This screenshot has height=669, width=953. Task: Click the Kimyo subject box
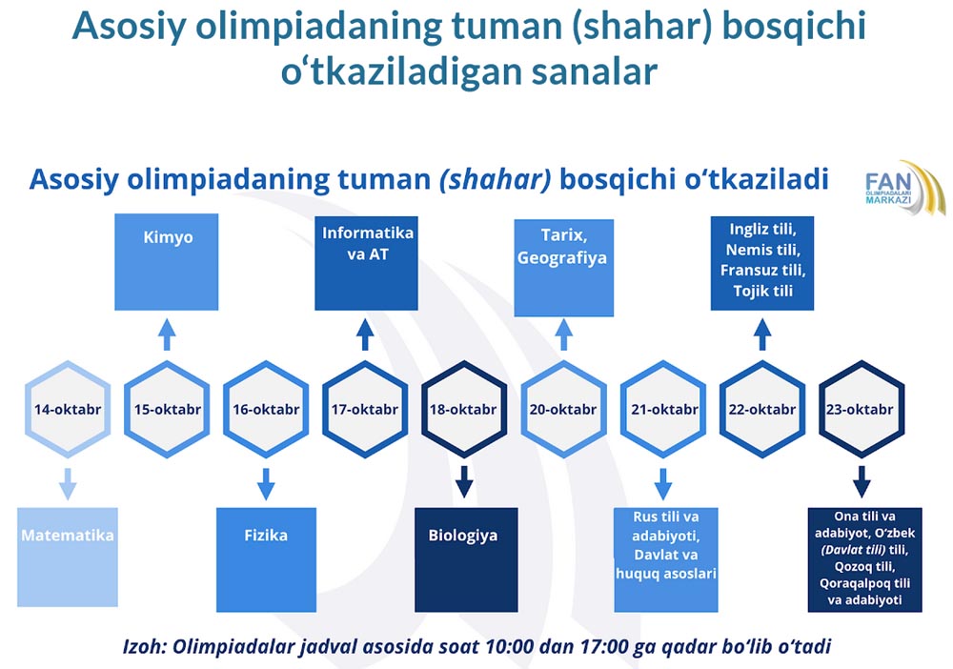[167, 262]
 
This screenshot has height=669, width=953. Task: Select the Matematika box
[68, 557]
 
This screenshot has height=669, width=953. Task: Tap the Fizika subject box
[266, 559]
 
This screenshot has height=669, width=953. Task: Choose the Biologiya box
[466, 559]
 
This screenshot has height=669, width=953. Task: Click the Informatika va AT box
[367, 263]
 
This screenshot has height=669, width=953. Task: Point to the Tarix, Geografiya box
[564, 268]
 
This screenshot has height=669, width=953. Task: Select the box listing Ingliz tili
[762, 263]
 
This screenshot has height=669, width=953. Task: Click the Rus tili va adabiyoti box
[666, 559]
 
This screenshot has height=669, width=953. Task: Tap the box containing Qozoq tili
[865, 559]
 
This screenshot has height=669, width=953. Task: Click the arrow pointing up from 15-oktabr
[167, 334]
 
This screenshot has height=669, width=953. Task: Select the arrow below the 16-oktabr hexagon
[266, 484]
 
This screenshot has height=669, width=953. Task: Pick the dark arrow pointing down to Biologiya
[464, 482]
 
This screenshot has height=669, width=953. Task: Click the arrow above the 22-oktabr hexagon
[762, 334]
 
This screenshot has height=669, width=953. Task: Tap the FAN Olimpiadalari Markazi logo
[905, 189]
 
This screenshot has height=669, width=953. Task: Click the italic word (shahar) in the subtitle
[496, 180]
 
